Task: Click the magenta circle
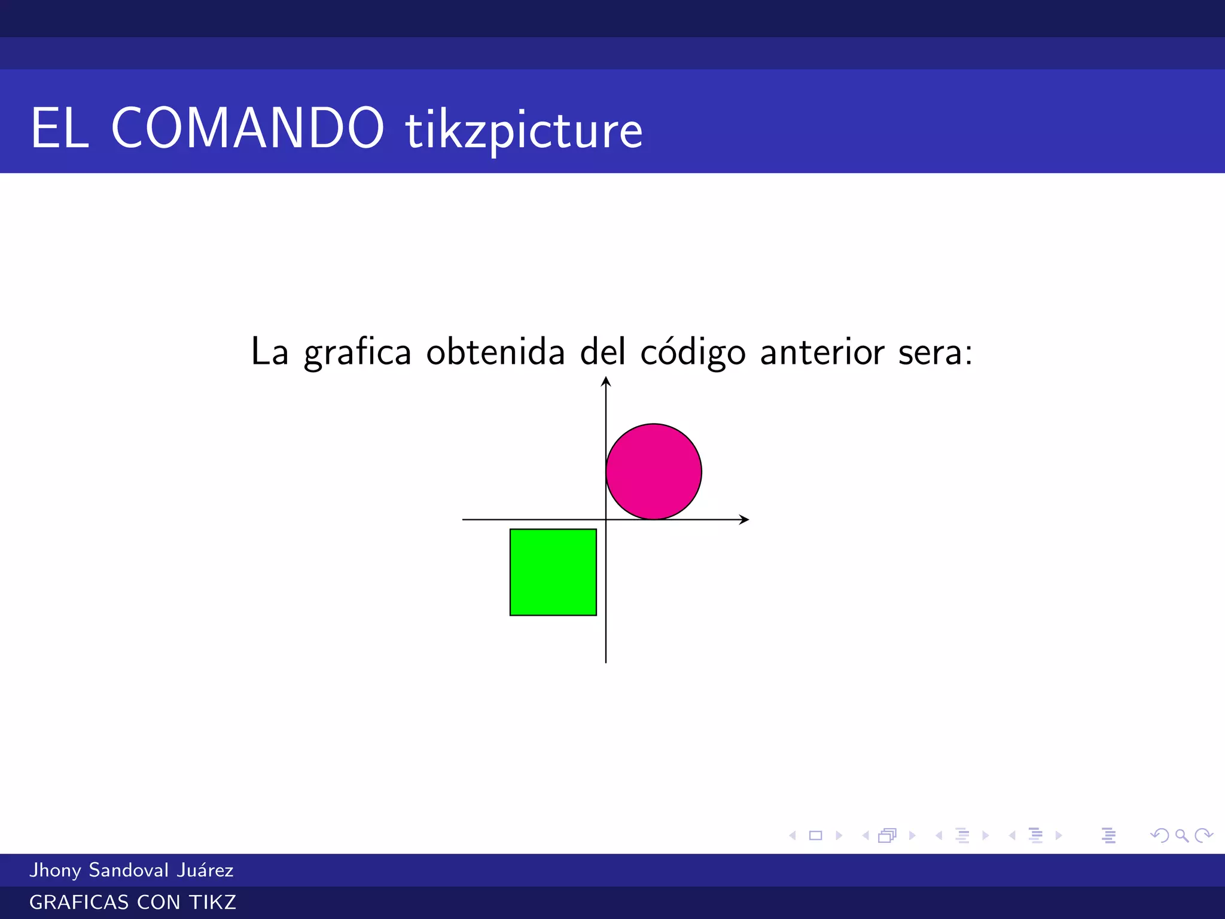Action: [653, 471]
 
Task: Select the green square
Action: [553, 572]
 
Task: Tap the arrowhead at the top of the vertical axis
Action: [606, 381]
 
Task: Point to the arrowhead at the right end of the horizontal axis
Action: [744, 519]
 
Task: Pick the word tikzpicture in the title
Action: [524, 130]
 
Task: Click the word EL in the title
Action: [60, 128]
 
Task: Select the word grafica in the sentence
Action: [357, 352]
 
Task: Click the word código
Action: [693, 352]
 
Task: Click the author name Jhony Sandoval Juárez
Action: [132, 870]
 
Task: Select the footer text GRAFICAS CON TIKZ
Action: [133, 902]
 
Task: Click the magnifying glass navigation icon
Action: [1181, 835]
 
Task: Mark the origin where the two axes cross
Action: [606, 519]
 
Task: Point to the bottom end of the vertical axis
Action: [606, 661]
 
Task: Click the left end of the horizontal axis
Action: [464, 519]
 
